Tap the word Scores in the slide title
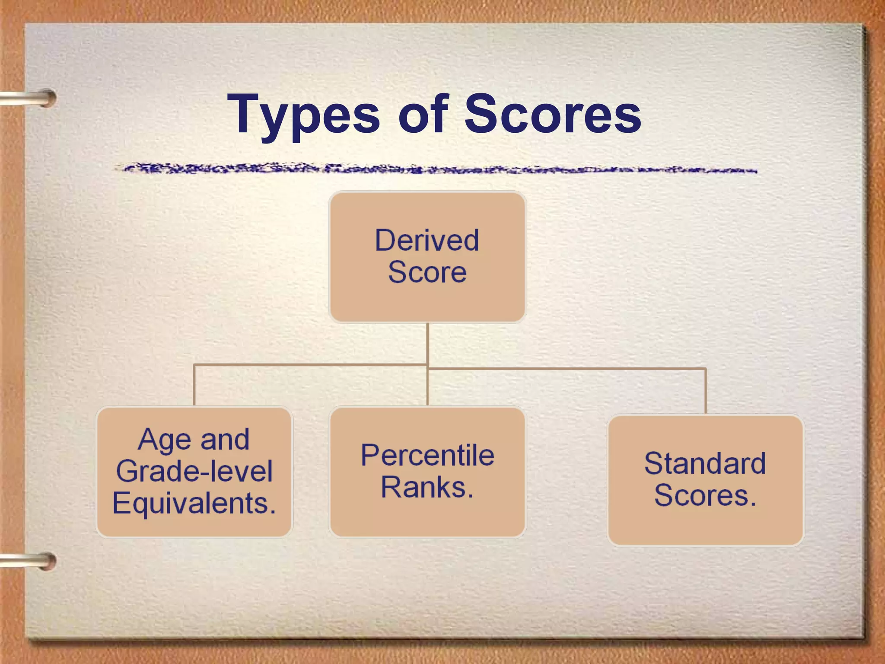(553, 114)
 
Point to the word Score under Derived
(427, 272)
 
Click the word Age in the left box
(164, 440)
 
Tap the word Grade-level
(194, 471)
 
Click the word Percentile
(427, 455)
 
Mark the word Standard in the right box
(705, 463)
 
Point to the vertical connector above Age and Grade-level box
(194, 385)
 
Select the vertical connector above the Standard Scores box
(706, 391)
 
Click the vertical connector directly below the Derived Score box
(427, 344)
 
